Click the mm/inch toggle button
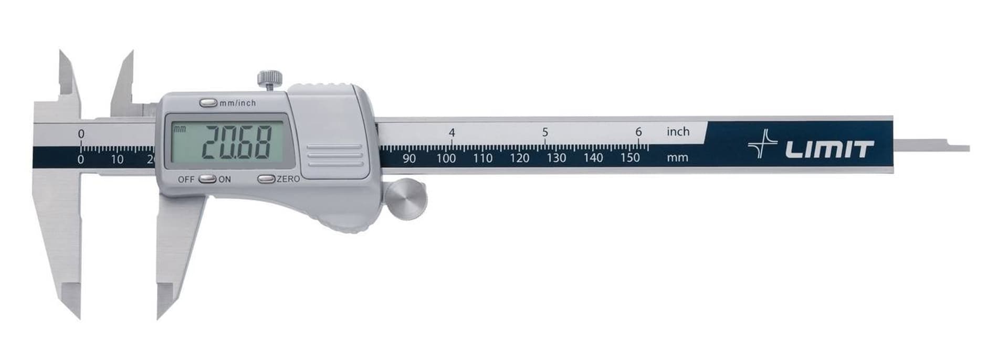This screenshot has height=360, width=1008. point(208,103)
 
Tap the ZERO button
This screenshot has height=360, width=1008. point(266,179)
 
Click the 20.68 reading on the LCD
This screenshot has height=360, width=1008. point(237,142)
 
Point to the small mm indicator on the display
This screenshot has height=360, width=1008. point(180,129)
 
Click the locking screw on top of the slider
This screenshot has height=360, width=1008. point(270,79)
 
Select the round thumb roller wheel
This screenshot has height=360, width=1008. point(406,199)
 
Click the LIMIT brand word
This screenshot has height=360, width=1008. point(829,150)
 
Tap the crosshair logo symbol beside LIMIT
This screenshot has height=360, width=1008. point(762,144)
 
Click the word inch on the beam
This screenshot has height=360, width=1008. point(678,132)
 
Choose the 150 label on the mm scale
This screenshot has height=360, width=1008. point(629,157)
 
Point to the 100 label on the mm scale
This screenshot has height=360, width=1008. point(446,158)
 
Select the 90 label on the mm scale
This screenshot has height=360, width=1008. point(409,158)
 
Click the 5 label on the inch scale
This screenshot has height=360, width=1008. point(545,132)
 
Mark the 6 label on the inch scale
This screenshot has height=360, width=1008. point(638,132)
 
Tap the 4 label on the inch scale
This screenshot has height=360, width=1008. point(451,133)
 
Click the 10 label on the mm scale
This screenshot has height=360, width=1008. point(117,159)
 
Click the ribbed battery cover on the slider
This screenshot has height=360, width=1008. point(334,156)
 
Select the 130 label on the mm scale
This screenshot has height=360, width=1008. point(556,158)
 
